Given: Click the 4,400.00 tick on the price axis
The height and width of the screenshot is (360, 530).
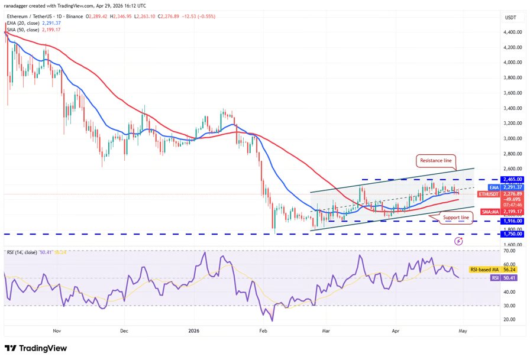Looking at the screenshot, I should point(512,32).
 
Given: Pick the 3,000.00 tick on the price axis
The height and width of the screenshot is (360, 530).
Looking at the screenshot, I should point(512,138).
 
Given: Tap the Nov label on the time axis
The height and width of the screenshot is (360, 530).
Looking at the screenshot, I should point(57,332).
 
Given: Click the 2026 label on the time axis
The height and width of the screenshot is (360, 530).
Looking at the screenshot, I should point(195,332).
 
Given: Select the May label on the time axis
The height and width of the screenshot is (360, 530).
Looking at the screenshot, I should point(463,332).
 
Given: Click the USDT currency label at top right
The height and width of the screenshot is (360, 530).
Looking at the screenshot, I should point(510,17).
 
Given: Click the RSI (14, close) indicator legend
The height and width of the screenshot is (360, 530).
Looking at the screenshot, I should point(27,253).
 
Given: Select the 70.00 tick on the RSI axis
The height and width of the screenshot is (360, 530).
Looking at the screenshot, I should point(508,250).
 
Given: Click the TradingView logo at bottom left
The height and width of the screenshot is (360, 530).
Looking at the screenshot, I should point(35,348).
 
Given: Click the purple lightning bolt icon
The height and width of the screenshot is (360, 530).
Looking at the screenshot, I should point(459,241).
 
